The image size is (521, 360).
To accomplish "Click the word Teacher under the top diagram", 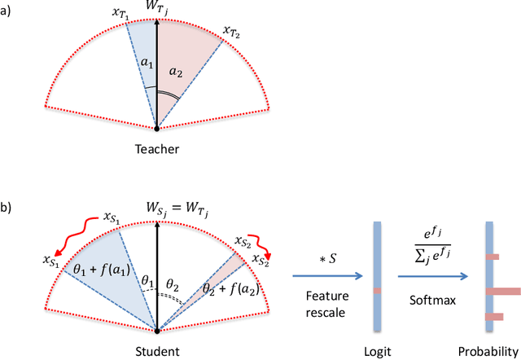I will [x=157, y=149].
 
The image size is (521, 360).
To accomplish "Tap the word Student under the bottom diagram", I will [x=156, y=352].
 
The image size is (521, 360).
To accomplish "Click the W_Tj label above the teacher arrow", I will [x=157, y=9].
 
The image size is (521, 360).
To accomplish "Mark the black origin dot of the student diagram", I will [x=156, y=331].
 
